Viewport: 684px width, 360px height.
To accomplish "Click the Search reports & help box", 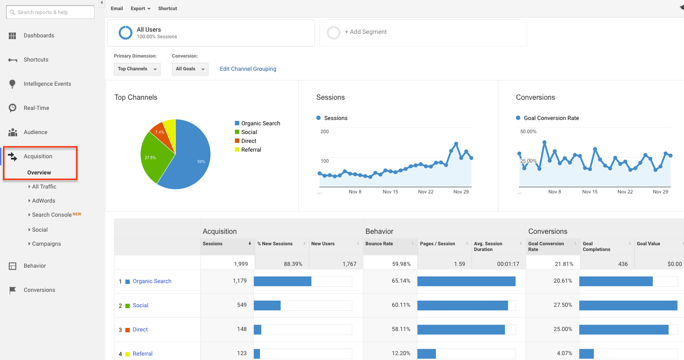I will click(50, 12).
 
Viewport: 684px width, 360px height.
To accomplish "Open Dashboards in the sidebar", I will click(39, 36).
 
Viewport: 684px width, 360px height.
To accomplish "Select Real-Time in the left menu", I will click(36, 108).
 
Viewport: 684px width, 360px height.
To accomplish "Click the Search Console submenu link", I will click(52, 215).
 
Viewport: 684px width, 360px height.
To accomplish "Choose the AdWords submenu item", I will click(44, 201).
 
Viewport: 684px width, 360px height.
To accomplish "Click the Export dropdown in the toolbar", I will click(140, 9).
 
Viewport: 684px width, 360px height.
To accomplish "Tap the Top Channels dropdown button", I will click(137, 69).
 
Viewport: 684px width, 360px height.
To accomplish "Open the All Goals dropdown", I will click(190, 69).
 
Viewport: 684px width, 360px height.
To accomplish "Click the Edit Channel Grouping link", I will click(248, 69).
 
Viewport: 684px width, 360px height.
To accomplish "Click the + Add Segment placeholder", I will click(366, 32).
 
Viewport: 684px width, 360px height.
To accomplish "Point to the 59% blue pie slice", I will click(194, 158).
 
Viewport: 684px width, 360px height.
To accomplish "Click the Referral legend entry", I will click(251, 150).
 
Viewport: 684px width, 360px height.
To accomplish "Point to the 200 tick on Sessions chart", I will click(325, 132).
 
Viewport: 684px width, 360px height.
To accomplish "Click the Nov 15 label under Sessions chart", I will click(390, 192).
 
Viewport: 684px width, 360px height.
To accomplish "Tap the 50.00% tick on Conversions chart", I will click(528, 132).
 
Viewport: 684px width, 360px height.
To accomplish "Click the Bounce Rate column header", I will click(379, 244).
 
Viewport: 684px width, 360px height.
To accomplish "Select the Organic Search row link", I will click(152, 281).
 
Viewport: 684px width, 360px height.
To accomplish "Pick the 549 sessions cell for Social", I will click(241, 305).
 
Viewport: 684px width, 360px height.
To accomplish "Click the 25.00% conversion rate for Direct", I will click(563, 329).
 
